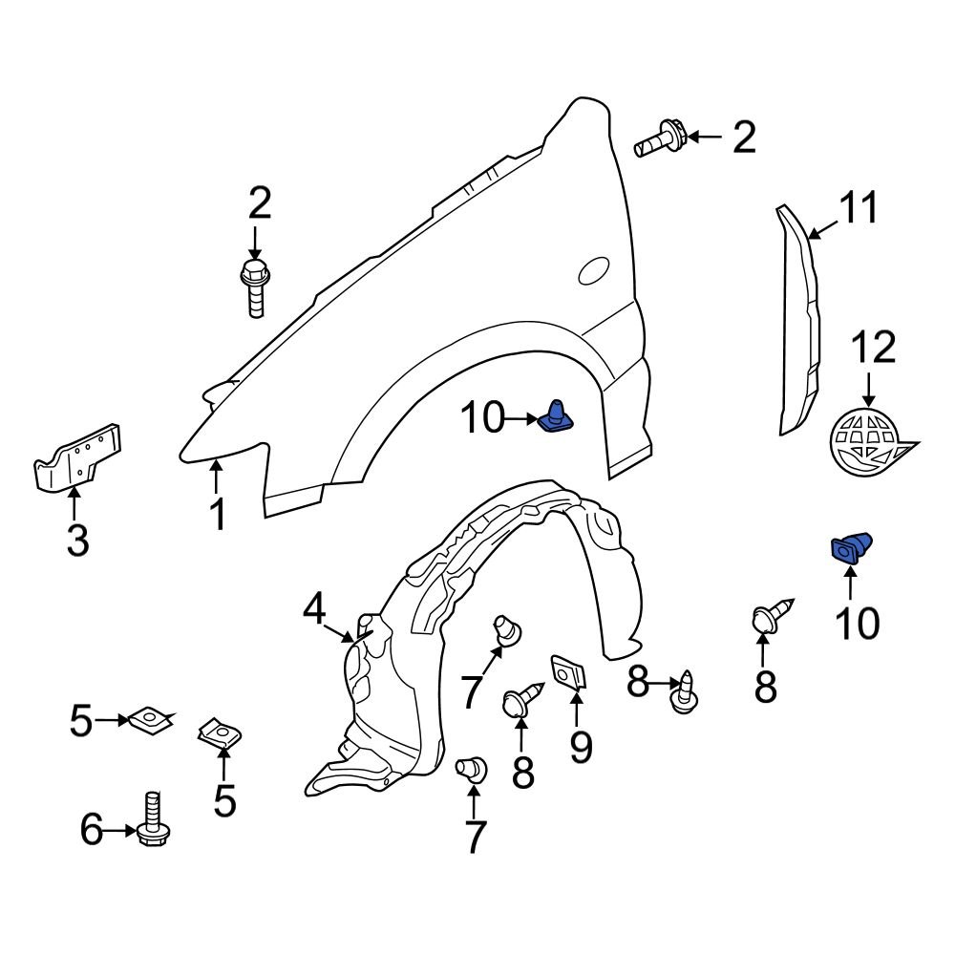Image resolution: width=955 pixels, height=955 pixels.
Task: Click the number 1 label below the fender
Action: (x=219, y=514)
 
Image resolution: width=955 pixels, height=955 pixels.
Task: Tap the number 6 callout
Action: (x=91, y=831)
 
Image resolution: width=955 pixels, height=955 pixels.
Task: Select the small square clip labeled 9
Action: (x=570, y=671)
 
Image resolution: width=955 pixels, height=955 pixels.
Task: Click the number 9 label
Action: (x=581, y=747)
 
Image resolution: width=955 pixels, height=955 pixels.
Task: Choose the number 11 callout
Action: (x=859, y=208)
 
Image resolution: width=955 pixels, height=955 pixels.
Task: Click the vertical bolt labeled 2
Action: (x=254, y=286)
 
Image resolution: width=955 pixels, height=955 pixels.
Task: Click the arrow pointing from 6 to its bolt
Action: (x=119, y=831)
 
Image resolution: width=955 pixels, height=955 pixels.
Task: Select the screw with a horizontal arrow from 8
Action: (x=686, y=693)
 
